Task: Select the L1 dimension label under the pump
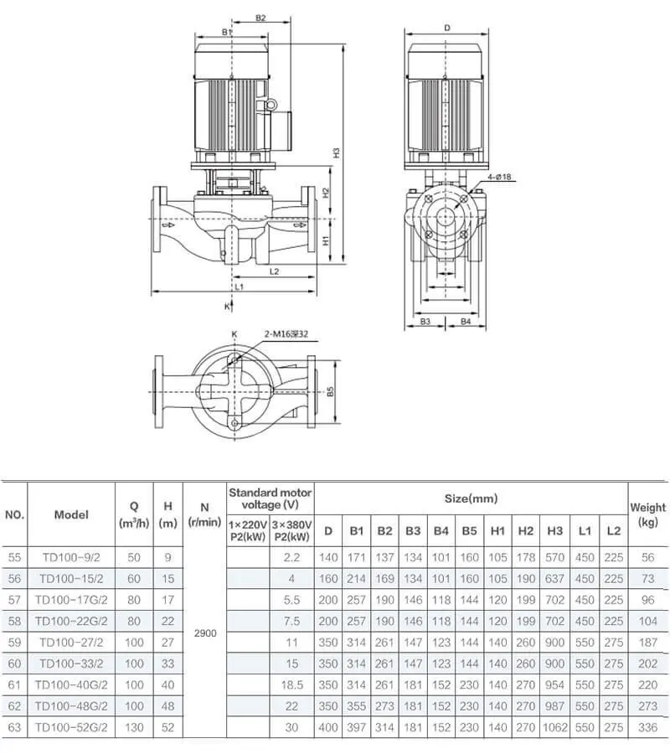tap(239, 287)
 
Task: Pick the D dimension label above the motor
tap(447, 28)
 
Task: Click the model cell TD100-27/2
tap(71, 642)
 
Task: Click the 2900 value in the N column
tap(204, 633)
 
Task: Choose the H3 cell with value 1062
tap(554, 728)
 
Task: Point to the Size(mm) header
tap(472, 498)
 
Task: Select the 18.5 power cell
tap(291, 685)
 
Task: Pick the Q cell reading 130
tap(133, 728)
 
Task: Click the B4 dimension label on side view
tap(466, 321)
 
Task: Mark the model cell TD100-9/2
tap(71, 556)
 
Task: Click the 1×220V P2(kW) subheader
tap(248, 530)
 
